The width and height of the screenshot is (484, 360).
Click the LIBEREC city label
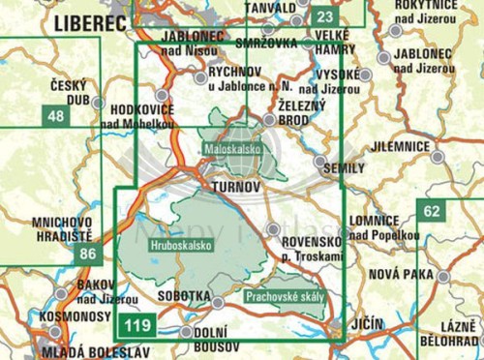(93, 20)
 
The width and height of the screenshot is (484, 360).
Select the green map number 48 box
(55, 117)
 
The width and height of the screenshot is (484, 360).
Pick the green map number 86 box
(90, 255)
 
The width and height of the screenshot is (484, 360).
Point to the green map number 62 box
(431, 210)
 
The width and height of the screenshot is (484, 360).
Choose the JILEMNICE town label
(400, 145)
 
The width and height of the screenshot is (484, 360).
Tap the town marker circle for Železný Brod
(268, 119)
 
